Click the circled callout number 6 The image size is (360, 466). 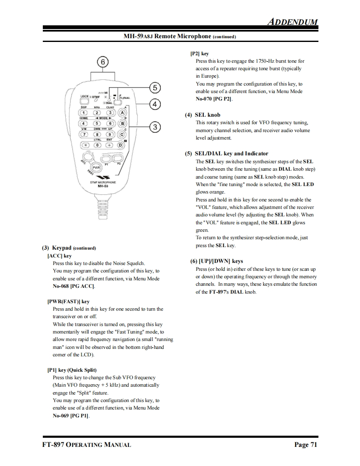pos(103,62)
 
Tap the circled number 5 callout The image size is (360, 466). pos(155,88)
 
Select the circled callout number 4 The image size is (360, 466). pos(155,104)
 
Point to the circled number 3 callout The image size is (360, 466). pos(155,127)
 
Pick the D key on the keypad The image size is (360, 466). pos(121,145)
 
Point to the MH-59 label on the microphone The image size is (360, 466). pos(103,186)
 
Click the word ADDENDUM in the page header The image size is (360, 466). pos(292,22)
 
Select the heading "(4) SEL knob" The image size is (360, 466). pos(202,115)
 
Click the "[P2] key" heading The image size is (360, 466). pos(200,54)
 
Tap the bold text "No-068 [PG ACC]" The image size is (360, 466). pos(74,286)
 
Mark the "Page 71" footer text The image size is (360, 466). pos(306,445)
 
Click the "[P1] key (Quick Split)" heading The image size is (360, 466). pos(72,370)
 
